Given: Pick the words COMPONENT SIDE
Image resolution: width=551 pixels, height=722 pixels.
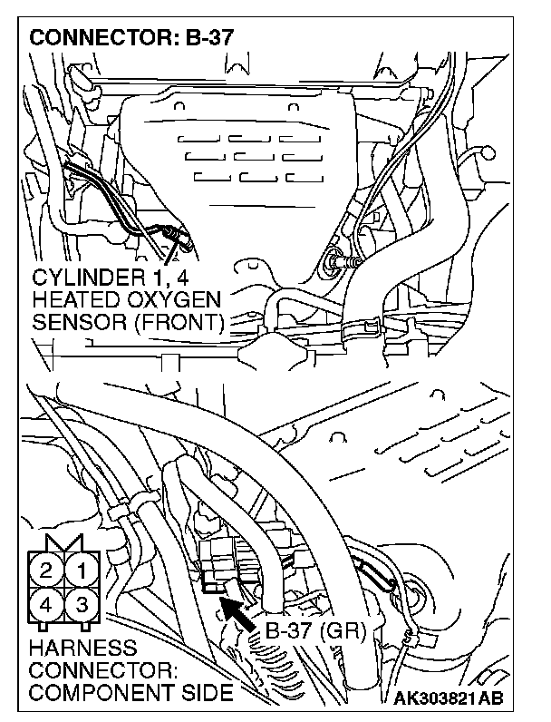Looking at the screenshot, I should click(130, 693).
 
